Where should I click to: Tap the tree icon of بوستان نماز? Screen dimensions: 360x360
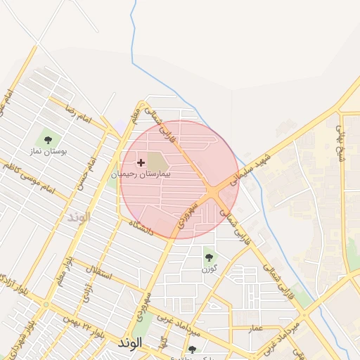(x=48, y=140)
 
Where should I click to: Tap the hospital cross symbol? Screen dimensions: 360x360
(x=141, y=162)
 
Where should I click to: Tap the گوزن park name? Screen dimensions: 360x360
(x=209, y=269)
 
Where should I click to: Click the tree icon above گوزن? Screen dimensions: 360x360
(x=209, y=257)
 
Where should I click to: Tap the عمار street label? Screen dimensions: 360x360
(x=256, y=328)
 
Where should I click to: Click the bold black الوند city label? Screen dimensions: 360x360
(x=131, y=342)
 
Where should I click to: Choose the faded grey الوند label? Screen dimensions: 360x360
(x=79, y=217)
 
